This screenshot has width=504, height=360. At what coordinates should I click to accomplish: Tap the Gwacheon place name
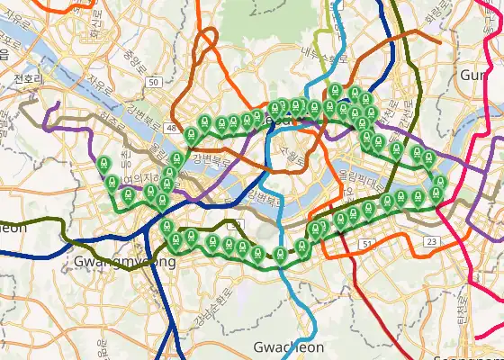(288, 347)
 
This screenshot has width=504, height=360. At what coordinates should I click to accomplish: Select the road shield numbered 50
(154, 82)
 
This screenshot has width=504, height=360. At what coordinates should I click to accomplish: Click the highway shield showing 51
(366, 243)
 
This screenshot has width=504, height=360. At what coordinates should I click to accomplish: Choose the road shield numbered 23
(432, 242)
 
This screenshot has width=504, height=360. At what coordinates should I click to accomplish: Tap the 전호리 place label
(29, 78)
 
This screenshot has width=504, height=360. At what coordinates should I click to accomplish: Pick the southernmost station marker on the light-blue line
(281, 254)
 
